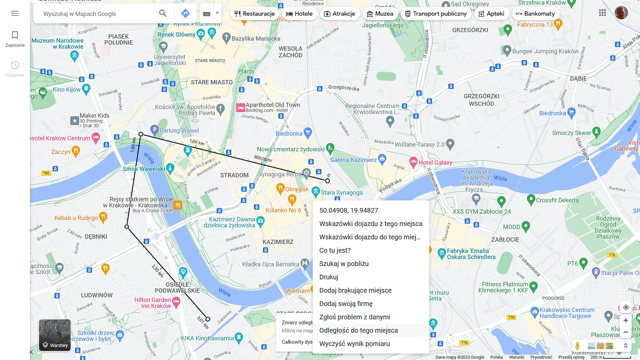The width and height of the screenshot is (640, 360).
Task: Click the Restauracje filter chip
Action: point(255,14)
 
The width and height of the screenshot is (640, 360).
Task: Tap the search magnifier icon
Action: point(163,13)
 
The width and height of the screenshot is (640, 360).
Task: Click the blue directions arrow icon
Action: point(185,13)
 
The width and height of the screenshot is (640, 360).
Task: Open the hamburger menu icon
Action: point(15,13)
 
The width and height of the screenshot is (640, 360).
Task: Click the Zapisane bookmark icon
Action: point(15,35)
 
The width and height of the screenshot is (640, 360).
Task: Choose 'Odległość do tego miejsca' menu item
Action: point(358,330)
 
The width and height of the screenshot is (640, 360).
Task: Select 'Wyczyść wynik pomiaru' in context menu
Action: point(354,344)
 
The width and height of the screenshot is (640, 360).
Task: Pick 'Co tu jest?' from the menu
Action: point(335,250)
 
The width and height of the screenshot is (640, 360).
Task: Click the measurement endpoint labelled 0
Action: point(327,181)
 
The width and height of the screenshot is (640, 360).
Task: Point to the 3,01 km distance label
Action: point(203,322)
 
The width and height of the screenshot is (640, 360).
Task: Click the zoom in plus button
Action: point(626,320)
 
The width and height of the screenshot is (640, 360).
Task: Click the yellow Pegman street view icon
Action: point(577,346)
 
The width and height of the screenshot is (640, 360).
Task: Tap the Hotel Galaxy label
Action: point(435,163)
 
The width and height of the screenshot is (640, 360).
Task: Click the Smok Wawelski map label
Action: point(144,169)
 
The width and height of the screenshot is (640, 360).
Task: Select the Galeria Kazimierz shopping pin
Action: point(382,159)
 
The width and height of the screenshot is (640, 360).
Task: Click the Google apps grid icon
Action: point(602,13)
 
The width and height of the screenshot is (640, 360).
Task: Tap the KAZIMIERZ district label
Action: point(278,242)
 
